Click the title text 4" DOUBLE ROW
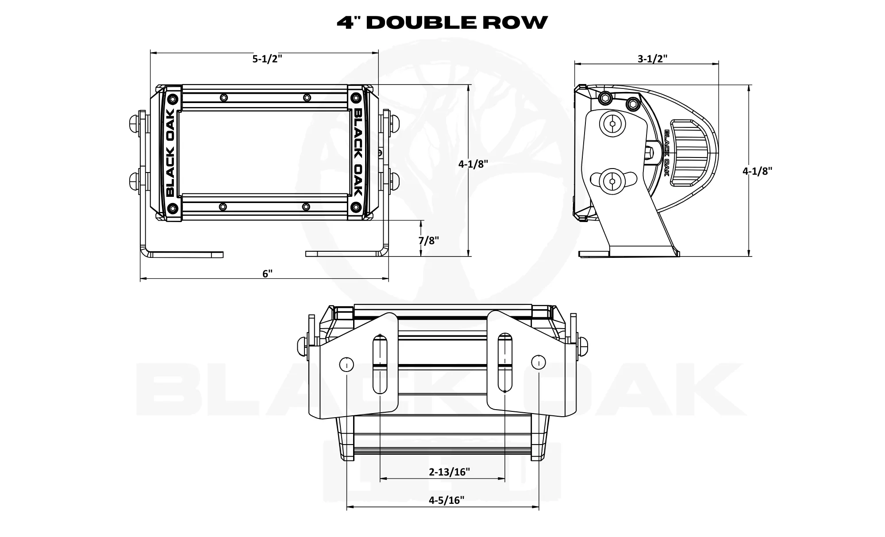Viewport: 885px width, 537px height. pyautogui.click(x=442, y=22)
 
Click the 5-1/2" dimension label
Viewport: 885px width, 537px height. pyautogui.click(x=267, y=59)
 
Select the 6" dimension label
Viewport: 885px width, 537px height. pyautogui.click(x=267, y=273)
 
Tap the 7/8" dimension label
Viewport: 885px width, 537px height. pyautogui.click(x=428, y=240)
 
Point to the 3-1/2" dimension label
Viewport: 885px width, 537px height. pyautogui.click(x=652, y=58)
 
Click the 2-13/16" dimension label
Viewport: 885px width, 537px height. pyautogui.click(x=449, y=472)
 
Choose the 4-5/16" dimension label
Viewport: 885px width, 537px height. pyautogui.click(x=446, y=500)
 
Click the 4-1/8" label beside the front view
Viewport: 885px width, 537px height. pyautogui.click(x=473, y=164)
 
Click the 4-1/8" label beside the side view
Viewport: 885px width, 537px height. pyautogui.click(x=757, y=171)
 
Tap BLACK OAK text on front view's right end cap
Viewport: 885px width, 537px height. pyautogui.click(x=358, y=153)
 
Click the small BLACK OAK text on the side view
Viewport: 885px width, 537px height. pyautogui.click(x=667, y=153)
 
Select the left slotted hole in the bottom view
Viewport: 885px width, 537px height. pyautogui.click(x=380, y=364)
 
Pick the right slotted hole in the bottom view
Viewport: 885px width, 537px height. pyautogui.click(x=505, y=364)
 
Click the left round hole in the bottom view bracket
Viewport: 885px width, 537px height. pyautogui.click(x=346, y=364)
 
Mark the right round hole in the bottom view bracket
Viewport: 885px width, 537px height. pyautogui.click(x=538, y=363)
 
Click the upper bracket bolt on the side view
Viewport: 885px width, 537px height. pyautogui.click(x=612, y=125)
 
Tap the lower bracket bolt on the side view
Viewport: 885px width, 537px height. pyautogui.click(x=612, y=181)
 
